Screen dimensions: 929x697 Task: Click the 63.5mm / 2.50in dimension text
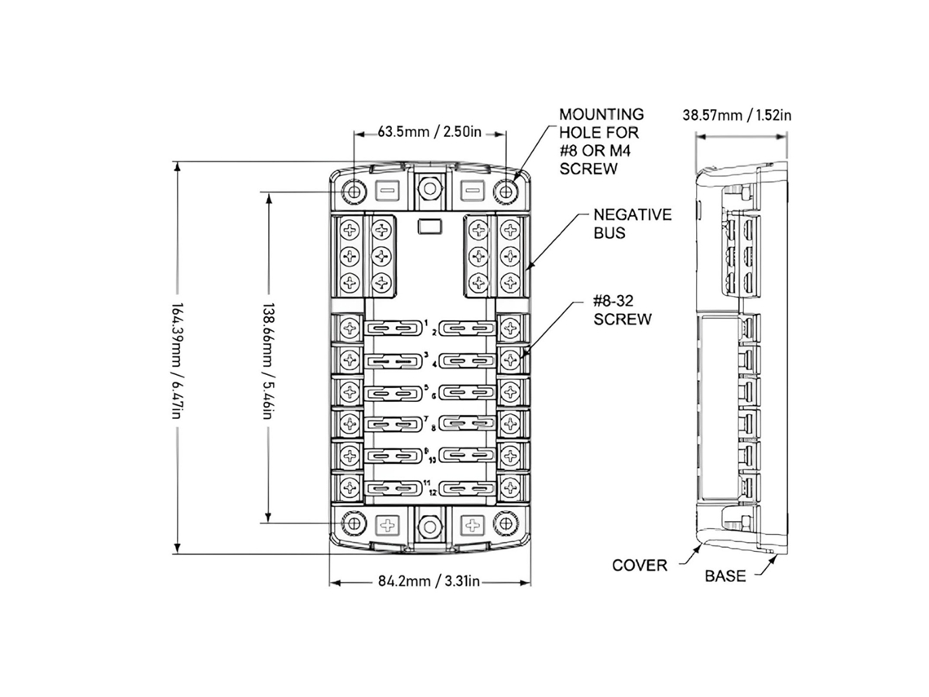click(429, 131)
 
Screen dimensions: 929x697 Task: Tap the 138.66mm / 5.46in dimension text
click(269, 361)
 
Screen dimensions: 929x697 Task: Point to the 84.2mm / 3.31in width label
click(429, 581)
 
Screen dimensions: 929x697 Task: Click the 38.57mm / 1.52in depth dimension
click(737, 114)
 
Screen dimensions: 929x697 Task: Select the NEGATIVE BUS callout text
click(632, 223)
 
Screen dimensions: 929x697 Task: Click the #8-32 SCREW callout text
click(622, 310)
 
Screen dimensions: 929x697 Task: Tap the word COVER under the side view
click(640, 566)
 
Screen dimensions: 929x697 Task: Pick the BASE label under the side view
click(725, 576)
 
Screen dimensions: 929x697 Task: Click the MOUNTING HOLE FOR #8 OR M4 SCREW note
click(601, 141)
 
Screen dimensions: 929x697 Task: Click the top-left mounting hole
click(354, 192)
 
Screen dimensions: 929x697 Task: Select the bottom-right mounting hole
click(504, 523)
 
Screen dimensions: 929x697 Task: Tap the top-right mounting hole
click(505, 192)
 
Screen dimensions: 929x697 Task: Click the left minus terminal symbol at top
click(388, 192)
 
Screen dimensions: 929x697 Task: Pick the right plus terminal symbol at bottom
click(472, 524)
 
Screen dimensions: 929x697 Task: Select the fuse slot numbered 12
click(469, 488)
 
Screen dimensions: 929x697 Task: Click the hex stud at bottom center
click(429, 525)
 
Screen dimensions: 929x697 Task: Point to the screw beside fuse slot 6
click(510, 391)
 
